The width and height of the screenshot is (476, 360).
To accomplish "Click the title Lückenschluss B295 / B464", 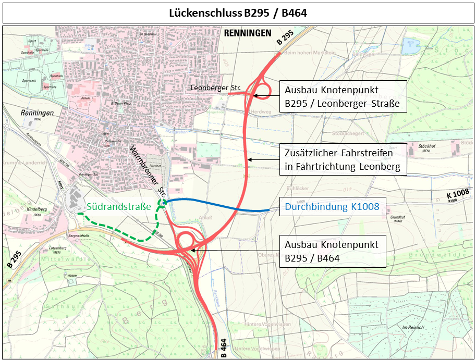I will (x=238, y=13).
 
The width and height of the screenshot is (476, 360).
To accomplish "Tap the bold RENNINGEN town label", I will (x=248, y=33).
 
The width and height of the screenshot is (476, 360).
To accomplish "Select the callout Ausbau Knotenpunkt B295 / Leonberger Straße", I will (x=342, y=96).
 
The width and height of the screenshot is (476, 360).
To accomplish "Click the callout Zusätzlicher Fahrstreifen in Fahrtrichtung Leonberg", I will (x=342, y=160).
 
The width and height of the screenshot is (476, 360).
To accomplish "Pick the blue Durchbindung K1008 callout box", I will (x=332, y=207).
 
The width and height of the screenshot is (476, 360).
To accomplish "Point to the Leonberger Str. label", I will (x=215, y=88).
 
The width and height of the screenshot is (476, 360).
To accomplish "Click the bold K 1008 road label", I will (x=458, y=194).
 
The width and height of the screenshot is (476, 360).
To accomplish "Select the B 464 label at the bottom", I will (x=224, y=348).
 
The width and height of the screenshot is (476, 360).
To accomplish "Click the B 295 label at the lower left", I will (x=14, y=258).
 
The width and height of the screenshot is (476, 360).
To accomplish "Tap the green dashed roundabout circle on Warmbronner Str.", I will (x=162, y=203).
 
